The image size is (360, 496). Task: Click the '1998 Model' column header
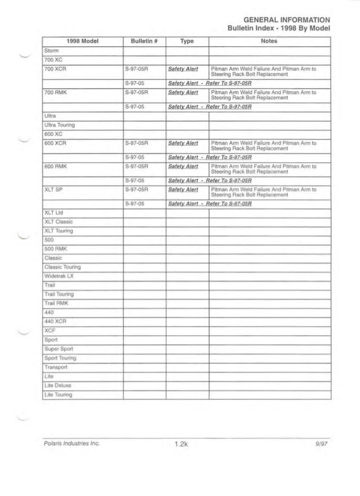coord(82,42)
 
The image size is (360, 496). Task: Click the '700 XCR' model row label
coord(55,68)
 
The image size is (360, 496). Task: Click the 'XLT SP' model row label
coord(52,188)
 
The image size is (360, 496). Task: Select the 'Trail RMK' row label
coord(56,303)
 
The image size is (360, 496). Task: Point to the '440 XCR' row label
coord(55,322)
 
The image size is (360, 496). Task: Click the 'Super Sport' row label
coord(59,349)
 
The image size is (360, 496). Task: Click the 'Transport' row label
coord(56,367)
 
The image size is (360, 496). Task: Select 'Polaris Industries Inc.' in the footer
coord(72,444)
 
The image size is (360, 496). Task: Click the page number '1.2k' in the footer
coord(181,445)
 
